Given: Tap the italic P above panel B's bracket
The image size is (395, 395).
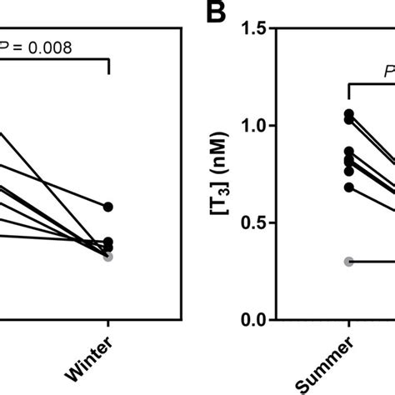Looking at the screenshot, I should (388, 72).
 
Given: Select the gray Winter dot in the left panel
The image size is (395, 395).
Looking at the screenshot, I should (108, 256).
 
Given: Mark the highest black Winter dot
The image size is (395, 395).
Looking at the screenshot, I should (108, 207).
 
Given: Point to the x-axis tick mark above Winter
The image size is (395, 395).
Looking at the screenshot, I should (108, 326).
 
